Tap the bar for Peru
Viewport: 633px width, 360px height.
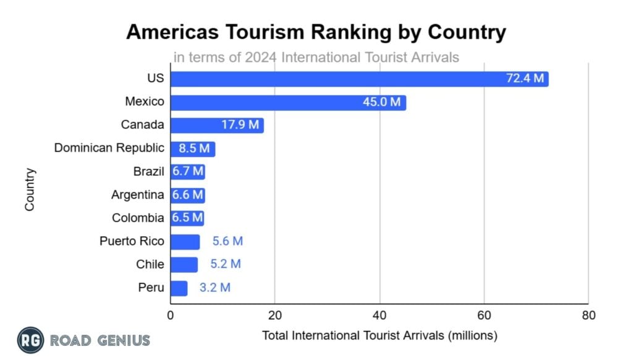click(179, 288)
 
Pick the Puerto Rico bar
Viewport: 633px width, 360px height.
click(185, 241)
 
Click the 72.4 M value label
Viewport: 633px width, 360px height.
click(525, 79)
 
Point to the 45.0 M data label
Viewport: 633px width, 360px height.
click(382, 102)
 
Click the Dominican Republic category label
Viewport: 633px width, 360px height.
click(109, 148)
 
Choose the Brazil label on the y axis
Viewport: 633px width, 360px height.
click(149, 171)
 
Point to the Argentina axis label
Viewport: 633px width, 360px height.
click(138, 195)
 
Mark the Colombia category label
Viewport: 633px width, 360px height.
click(138, 218)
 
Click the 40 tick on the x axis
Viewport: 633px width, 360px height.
click(380, 315)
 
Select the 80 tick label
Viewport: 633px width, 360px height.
click(588, 315)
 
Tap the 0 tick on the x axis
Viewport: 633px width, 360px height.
click(171, 315)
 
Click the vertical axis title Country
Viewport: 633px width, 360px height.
click(30, 190)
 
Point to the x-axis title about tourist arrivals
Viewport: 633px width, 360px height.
click(380, 336)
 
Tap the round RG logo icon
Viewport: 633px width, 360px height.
click(30, 340)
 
